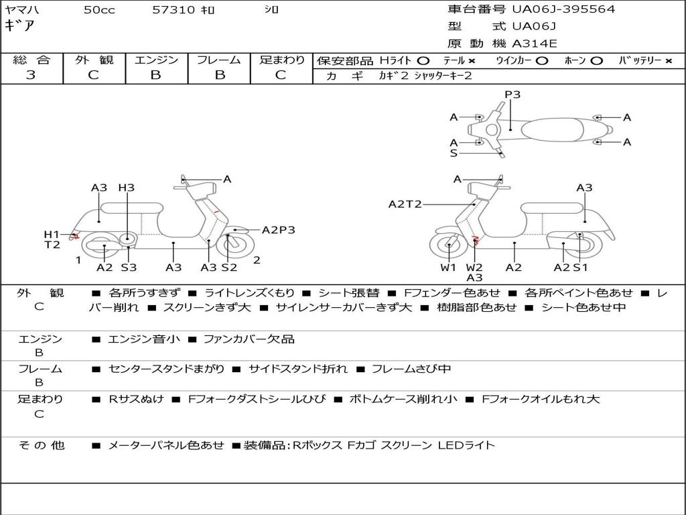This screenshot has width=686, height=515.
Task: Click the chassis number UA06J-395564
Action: coord(563,9)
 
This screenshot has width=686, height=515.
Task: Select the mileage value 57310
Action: coord(174,10)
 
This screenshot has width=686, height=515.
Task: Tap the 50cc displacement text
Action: coord(99,10)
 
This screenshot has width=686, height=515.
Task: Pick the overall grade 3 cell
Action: coord(31,75)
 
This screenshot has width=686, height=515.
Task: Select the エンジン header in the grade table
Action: coord(156,60)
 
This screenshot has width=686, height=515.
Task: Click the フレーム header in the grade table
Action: coord(219,60)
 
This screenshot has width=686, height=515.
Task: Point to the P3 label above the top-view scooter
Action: coord(512,95)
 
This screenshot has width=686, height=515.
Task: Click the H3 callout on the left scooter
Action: coord(126,188)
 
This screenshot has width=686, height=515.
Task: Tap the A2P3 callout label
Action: coord(278,230)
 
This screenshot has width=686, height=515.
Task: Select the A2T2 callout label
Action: coord(405,204)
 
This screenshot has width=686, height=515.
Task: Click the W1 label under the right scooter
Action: coord(448,268)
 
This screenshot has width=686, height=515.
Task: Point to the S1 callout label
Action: coord(580,268)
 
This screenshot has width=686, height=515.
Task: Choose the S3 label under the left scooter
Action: coord(128,268)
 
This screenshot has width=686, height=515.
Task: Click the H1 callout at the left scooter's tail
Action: coord(52,234)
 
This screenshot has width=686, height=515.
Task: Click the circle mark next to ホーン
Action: coord(596,60)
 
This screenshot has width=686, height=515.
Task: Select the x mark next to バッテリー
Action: coord(669,60)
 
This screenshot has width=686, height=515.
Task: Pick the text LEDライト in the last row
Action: coord(466,445)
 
